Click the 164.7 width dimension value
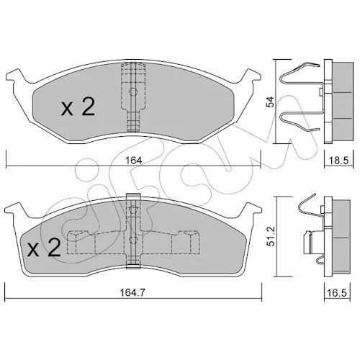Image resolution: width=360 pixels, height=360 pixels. click(x=132, y=292)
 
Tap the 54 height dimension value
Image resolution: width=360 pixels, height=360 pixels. click(x=271, y=102)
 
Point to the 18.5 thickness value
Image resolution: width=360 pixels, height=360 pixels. click(x=338, y=160)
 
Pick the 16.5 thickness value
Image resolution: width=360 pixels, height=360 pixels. click(x=338, y=292)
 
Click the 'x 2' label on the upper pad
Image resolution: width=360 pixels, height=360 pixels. click(x=78, y=107)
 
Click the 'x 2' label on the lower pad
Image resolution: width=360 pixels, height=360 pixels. click(x=44, y=248)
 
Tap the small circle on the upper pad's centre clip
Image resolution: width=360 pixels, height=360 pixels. click(x=133, y=91)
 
